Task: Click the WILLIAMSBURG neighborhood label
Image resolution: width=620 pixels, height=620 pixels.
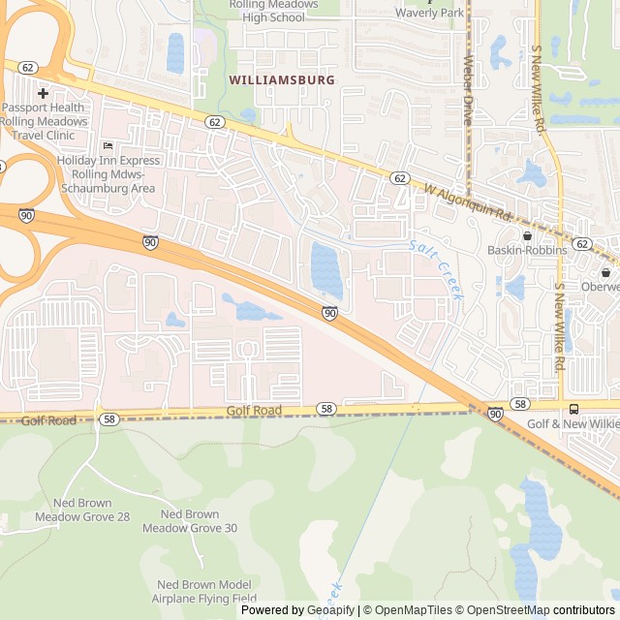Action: [x=282, y=79]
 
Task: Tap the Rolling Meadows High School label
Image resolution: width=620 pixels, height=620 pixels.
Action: [x=273, y=11]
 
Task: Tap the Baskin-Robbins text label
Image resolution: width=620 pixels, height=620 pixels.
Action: [x=527, y=250]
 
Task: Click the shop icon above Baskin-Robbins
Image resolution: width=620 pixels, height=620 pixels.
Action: [x=527, y=235]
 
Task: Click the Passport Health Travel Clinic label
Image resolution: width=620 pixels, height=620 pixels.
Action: [x=45, y=121]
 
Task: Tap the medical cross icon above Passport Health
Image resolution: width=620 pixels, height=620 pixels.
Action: [x=43, y=93]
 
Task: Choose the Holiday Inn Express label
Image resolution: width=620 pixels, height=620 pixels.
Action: [x=107, y=173]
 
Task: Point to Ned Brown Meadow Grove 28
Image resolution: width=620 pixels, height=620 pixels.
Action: [x=82, y=511]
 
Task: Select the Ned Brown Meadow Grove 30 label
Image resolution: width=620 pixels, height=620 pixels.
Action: [x=190, y=521]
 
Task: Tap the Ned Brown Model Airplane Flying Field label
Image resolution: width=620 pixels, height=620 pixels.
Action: [x=204, y=591]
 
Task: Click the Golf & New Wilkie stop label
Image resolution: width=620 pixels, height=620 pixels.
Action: [x=572, y=424]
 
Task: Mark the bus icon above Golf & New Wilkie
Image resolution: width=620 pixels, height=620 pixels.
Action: [x=573, y=409]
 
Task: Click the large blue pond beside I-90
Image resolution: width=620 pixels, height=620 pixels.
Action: [x=326, y=270]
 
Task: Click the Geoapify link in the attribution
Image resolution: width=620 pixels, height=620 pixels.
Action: [x=330, y=610]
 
